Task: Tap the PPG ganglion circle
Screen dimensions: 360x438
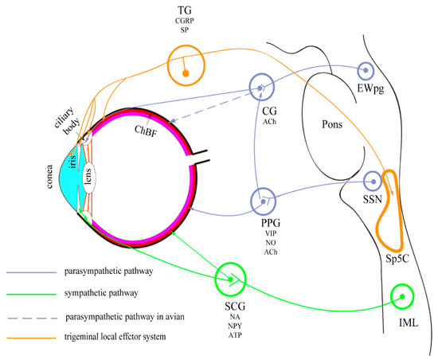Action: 263,202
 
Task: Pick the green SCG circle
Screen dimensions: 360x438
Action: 231,278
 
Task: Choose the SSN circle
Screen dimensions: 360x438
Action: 373,182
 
